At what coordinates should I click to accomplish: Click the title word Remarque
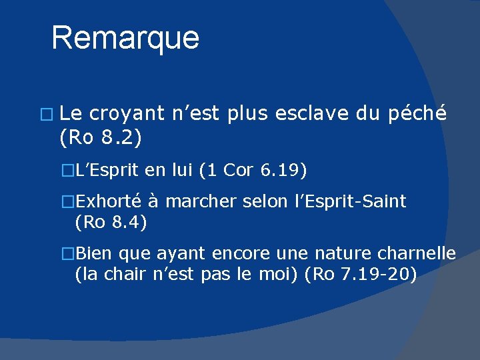pos(125,38)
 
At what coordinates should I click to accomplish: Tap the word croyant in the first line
pos(127,115)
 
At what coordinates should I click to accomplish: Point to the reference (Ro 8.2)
pos(100,138)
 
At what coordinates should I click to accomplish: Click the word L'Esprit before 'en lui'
pos(107,171)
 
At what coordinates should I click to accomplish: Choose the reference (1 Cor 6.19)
pos(253,171)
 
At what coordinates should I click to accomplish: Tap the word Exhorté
pos(112,201)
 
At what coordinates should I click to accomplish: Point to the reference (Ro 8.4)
pos(111,223)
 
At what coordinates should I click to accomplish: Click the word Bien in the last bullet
pos(93,254)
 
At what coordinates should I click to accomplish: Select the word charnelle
pos(419,254)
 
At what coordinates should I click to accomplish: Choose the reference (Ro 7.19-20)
pos(361,273)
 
